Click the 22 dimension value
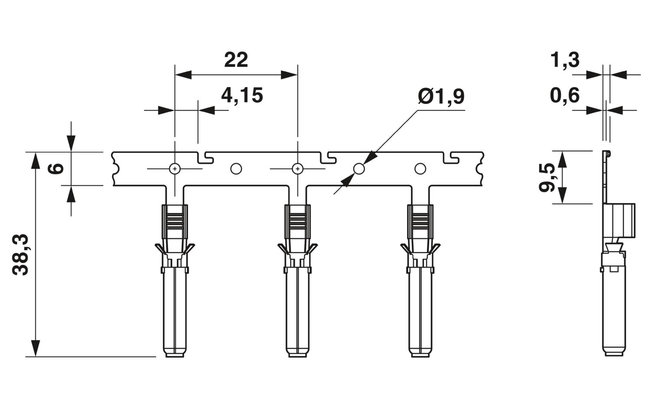(236, 60)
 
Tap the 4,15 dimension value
(242, 95)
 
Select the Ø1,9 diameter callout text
(441, 96)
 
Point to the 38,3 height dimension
(20, 254)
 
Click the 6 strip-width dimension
(55, 168)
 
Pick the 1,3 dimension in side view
(565, 60)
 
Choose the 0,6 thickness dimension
(565, 95)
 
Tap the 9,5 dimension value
(547, 177)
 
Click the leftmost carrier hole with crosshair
(175, 169)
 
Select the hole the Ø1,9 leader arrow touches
(359, 169)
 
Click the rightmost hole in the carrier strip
(420, 169)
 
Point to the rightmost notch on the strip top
(451, 157)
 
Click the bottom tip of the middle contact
(297, 357)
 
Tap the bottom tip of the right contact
(420, 357)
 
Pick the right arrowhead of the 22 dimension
(289, 75)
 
